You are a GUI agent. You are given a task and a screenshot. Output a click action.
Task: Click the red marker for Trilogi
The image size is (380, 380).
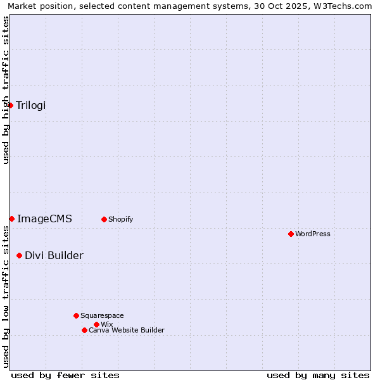(x=11, y=105)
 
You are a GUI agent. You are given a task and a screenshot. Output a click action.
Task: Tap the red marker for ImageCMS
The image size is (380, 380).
(x=11, y=218)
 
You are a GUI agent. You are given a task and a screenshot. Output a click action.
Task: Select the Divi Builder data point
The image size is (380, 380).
(x=19, y=255)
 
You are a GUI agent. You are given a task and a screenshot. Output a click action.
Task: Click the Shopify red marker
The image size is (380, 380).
(x=104, y=219)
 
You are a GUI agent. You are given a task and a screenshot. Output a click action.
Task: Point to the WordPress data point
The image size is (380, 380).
(x=291, y=234)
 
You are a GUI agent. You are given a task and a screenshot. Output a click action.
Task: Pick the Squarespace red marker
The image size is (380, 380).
(x=76, y=315)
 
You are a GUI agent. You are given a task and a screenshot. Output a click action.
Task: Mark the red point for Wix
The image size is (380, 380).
(x=96, y=324)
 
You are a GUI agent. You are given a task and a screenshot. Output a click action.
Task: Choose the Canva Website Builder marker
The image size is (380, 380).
(x=84, y=330)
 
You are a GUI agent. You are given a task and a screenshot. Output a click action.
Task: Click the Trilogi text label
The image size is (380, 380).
(x=31, y=105)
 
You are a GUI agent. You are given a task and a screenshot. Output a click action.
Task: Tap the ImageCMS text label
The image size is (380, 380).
(x=44, y=219)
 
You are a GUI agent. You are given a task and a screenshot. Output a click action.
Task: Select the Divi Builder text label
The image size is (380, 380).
(x=54, y=255)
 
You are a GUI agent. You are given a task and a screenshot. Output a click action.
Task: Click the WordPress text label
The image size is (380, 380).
(x=313, y=234)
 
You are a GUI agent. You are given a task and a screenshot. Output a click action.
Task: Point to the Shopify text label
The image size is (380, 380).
(x=120, y=219)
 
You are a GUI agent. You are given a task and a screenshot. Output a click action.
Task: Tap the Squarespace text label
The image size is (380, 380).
(x=102, y=315)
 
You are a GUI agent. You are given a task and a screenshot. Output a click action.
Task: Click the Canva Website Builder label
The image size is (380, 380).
(x=127, y=330)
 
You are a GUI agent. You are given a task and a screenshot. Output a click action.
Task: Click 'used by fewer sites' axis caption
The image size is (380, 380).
(x=65, y=375)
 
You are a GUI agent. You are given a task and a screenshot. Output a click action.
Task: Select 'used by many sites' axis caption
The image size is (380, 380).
(x=318, y=375)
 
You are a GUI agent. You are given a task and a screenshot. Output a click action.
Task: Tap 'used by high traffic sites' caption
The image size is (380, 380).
(x=6, y=90)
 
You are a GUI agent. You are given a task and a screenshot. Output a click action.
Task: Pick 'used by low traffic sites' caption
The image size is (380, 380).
(x=6, y=296)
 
